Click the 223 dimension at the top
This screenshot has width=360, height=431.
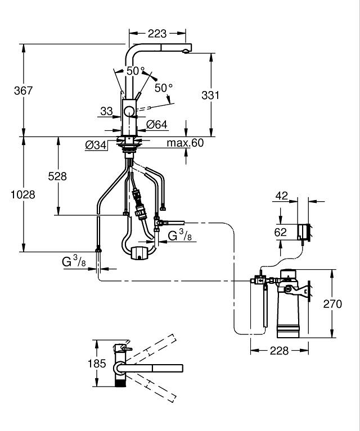[157, 34]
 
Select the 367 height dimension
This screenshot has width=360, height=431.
[24, 90]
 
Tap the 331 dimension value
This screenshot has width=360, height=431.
[210, 95]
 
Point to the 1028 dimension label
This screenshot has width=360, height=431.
[23, 194]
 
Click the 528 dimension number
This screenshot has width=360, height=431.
[57, 176]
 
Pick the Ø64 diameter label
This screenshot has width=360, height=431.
[156, 125]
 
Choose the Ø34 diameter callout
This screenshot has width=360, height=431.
[96, 145]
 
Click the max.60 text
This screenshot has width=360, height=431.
[185, 143]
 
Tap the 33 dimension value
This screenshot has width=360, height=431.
[106, 111]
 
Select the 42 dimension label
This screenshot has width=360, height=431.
[282, 196]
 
